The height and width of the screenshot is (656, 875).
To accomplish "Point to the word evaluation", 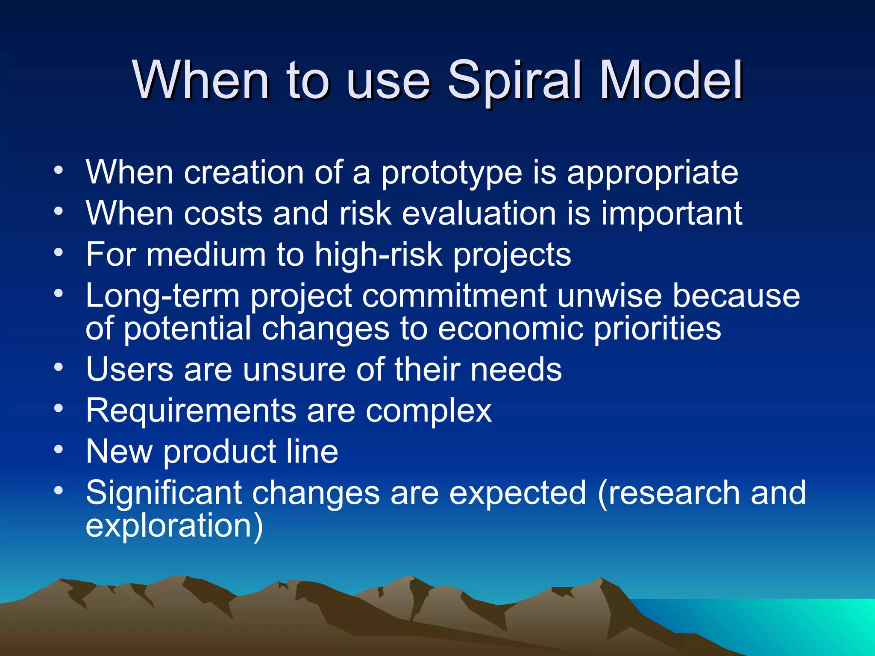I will tap(479, 213).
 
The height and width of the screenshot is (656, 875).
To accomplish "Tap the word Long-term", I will tap(163, 296).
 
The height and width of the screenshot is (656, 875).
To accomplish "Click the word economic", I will tap(511, 328).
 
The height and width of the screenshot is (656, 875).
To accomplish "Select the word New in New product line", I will tap(119, 451).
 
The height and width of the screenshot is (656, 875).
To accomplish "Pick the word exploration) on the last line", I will tap(174, 526).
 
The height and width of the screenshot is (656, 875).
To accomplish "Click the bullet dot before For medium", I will tap(59, 252).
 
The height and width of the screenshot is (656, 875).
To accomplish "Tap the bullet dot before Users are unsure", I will tap(59, 367).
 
